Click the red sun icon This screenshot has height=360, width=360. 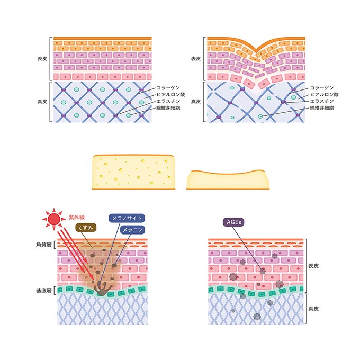pyautogui.click(x=52, y=218)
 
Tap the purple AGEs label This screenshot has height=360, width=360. pyautogui.click(x=232, y=223)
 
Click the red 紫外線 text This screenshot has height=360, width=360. pyautogui.click(x=77, y=217)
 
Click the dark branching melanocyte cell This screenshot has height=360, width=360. pyautogui.click(x=101, y=289)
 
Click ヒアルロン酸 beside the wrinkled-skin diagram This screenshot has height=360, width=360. pyautogui.click(x=324, y=94)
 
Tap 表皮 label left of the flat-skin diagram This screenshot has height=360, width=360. pyautogui.click(x=41, y=58)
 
